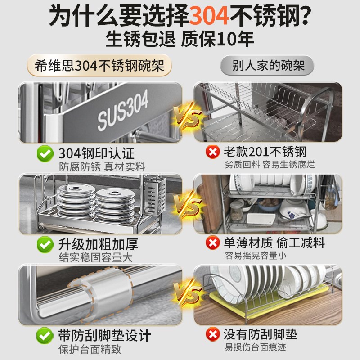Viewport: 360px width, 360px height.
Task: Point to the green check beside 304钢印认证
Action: point(44,153)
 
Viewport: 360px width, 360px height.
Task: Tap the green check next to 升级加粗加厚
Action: point(44,245)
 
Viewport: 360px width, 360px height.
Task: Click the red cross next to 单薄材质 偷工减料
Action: point(212,243)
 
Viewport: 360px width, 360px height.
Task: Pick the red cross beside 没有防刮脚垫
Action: point(212,334)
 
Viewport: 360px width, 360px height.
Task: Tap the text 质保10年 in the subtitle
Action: point(217,39)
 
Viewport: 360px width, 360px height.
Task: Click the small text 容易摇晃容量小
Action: point(257,256)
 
